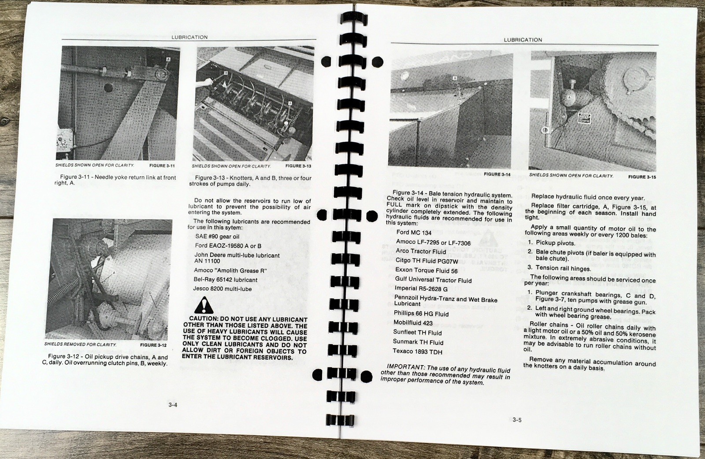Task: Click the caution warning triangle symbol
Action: tap(203, 305)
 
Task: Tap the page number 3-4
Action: tap(173, 405)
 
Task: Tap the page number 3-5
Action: tap(517, 420)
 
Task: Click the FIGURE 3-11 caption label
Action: tap(162, 166)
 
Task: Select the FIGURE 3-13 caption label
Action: tap(298, 166)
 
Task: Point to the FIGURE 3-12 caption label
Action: tap(154, 344)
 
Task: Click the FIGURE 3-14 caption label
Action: tap(497, 174)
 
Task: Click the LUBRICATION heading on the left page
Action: tap(189, 37)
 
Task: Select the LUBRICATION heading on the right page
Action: tap(523, 40)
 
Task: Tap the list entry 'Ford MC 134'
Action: tap(414, 232)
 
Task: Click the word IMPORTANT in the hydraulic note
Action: tap(403, 366)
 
